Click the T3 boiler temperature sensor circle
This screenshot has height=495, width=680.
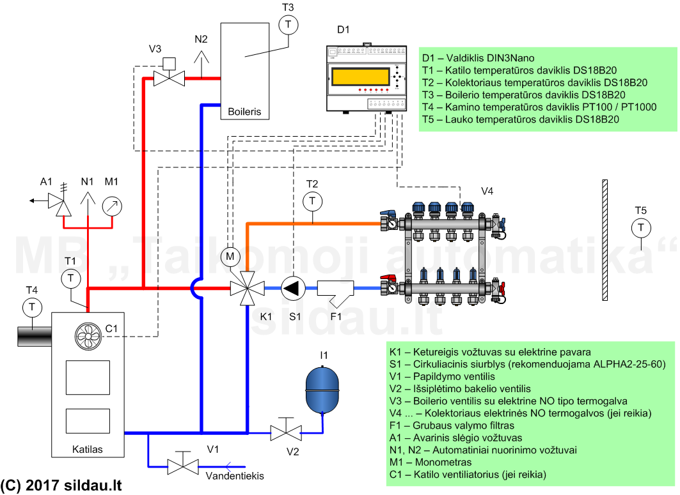click(x=288, y=25)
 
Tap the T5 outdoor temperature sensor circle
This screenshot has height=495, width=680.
click(x=641, y=228)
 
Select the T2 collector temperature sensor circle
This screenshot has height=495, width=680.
click(x=313, y=201)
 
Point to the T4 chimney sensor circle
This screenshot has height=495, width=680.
click(x=32, y=307)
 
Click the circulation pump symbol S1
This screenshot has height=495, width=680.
click(x=293, y=288)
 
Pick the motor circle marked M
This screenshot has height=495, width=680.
click(x=230, y=257)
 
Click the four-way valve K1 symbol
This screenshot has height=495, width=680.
click(x=247, y=288)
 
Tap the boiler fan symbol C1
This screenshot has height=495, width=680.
click(x=88, y=336)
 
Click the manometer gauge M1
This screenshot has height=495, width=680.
click(x=112, y=206)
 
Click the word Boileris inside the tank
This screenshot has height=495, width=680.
click(x=244, y=111)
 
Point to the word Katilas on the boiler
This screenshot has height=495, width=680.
click(x=88, y=449)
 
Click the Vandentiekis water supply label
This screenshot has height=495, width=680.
click(x=235, y=476)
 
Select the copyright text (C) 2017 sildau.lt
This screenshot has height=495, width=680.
click(x=61, y=485)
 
